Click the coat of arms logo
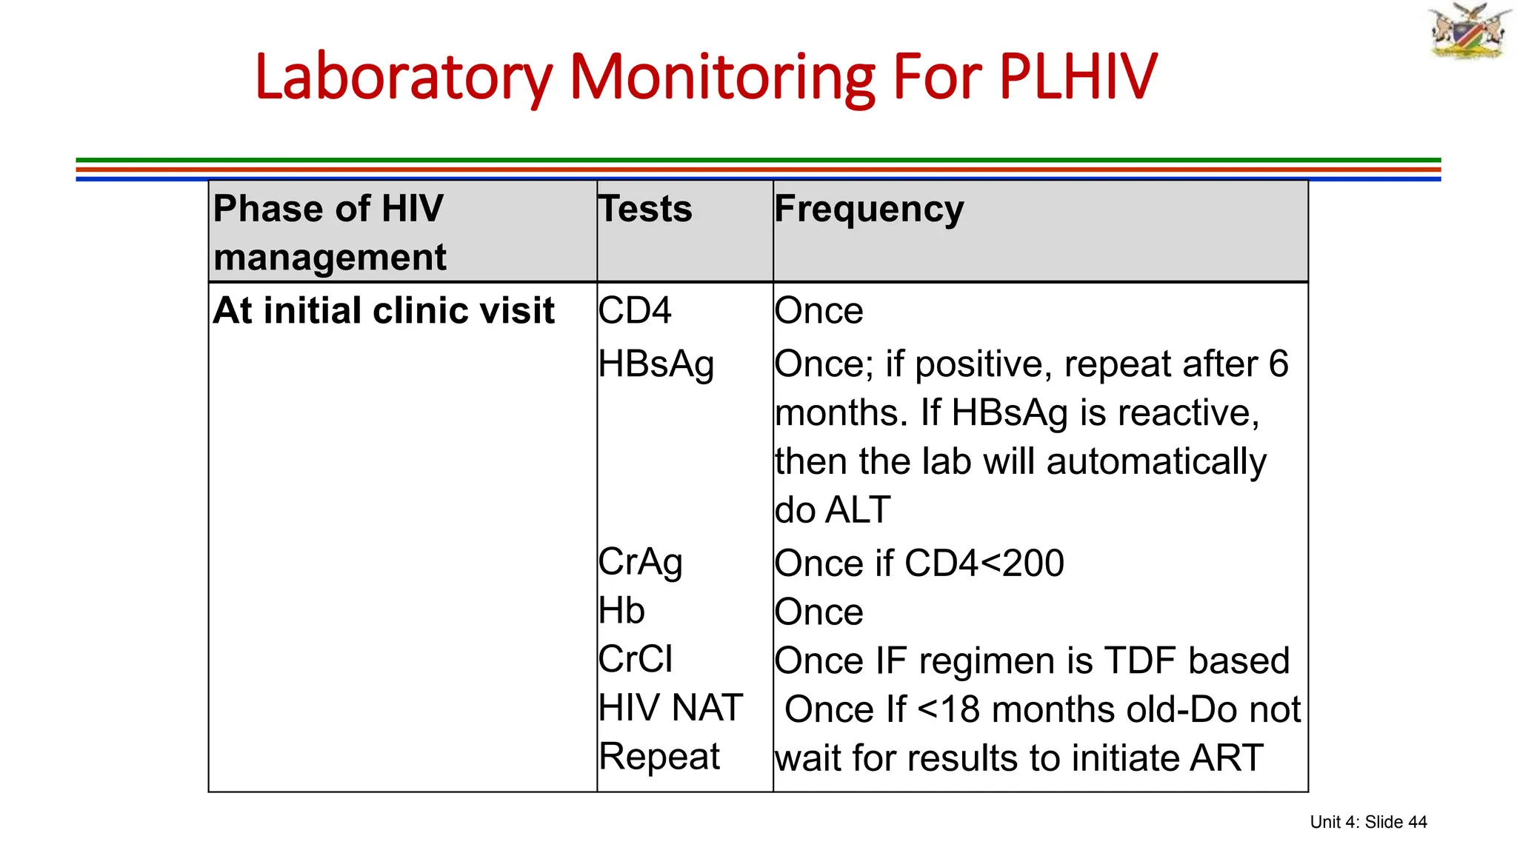point(1469,31)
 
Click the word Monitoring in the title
point(722,77)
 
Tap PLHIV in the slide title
point(1077,77)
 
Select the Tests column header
point(645,209)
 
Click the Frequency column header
point(869,209)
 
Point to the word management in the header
point(330,258)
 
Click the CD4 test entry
point(635,310)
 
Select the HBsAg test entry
point(656,364)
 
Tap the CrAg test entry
point(640,563)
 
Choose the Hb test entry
point(621,612)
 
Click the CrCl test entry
point(636,660)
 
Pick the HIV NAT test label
point(670,708)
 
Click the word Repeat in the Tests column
point(659,757)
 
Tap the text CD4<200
point(984,563)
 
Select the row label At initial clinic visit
point(384,310)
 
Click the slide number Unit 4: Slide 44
point(1368,822)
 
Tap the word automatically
point(1156,462)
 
